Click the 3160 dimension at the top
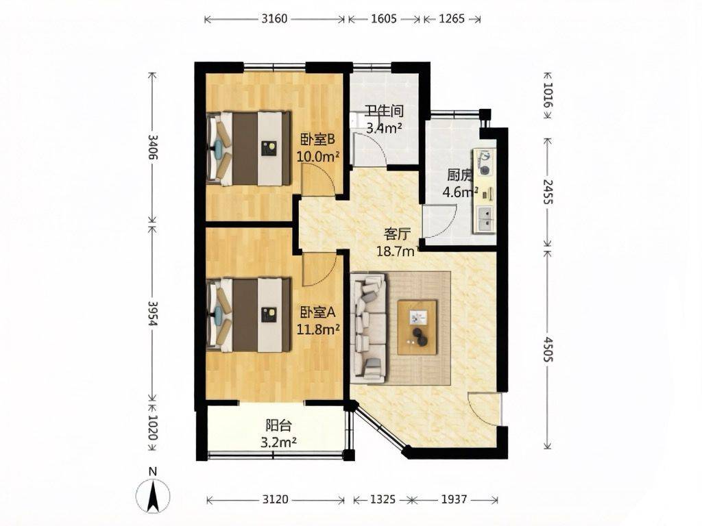coord(274,18)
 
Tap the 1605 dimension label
coord(384,18)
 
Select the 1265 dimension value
coord(452,18)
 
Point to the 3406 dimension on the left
coord(153,147)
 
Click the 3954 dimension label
coord(153,313)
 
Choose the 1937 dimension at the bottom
coord(454,499)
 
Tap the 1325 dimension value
coord(383,499)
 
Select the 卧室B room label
coord(318,140)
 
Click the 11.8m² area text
coord(318,329)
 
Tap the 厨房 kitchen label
coord(459,175)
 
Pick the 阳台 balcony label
coord(278,425)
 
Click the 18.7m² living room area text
coord(397,251)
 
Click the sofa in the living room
coord(369,328)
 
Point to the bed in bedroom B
coord(249,149)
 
